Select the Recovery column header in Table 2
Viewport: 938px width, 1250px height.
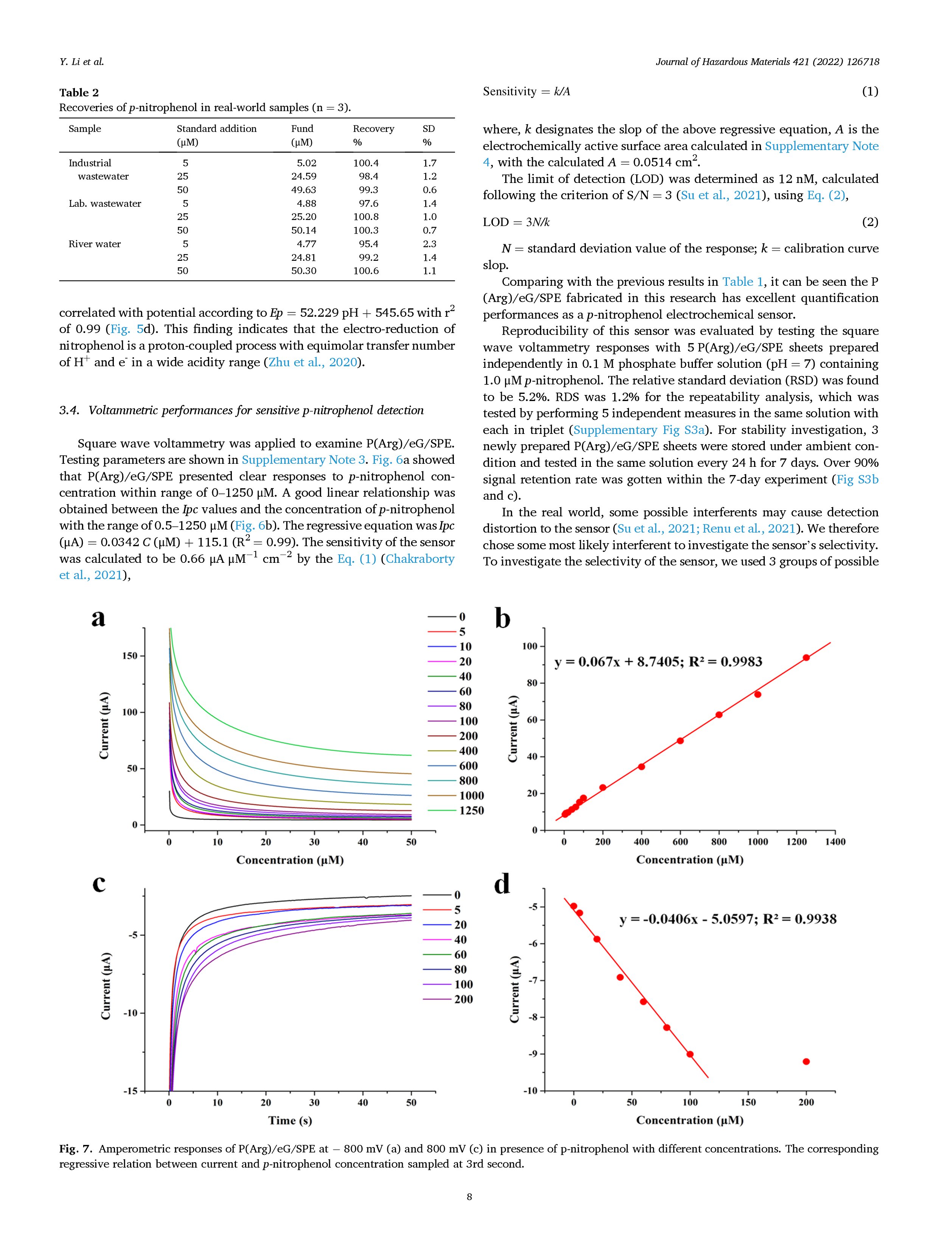[x=373, y=129]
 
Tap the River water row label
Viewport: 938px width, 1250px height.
[x=95, y=244]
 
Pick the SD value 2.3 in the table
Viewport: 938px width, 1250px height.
[x=430, y=244]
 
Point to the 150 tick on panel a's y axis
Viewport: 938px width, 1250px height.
[x=129, y=656]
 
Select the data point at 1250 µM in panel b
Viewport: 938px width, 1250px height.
[x=806, y=658]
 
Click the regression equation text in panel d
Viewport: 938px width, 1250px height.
[x=728, y=919]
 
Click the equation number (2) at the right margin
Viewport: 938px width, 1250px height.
[x=870, y=222]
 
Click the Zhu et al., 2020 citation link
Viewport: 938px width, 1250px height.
[x=313, y=362]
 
